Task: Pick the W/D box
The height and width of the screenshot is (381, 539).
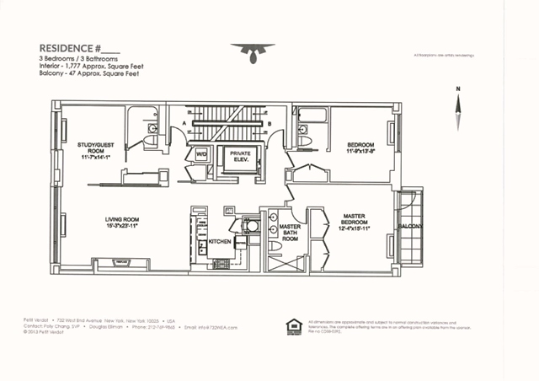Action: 202,155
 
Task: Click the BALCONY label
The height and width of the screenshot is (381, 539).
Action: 412,225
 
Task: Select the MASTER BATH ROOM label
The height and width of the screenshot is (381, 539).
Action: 290,233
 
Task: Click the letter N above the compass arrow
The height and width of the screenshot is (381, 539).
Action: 457,88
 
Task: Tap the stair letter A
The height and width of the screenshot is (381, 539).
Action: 184,125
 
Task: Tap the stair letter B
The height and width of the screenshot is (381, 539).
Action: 269,125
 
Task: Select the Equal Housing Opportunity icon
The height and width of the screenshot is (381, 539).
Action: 294,325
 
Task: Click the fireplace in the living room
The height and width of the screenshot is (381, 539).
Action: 121,263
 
